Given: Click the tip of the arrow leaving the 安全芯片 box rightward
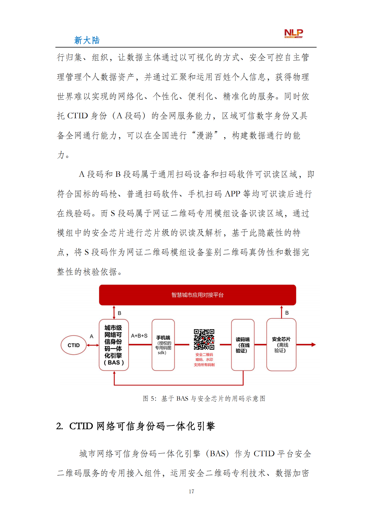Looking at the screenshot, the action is pyautogui.click(x=316, y=345).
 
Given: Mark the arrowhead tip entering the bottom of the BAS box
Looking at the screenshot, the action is pyautogui.click(x=114, y=371).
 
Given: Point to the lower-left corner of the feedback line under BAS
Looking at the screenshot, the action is pyautogui.click(x=114, y=385).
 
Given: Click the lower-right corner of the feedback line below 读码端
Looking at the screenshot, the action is pyautogui.click(x=243, y=385).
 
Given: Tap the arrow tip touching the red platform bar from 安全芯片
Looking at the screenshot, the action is pyautogui.click(x=281, y=306).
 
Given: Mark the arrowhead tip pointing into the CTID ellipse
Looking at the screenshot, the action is pyautogui.click(x=87, y=345).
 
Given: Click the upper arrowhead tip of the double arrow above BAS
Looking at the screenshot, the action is pyautogui.click(x=114, y=306).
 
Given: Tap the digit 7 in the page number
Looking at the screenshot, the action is pyautogui.click(x=193, y=491).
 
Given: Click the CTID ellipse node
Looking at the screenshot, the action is pyautogui.click(x=74, y=345).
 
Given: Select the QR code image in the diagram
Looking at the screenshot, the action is pyautogui.click(x=204, y=339).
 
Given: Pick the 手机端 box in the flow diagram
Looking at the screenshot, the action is pyautogui.click(x=163, y=345).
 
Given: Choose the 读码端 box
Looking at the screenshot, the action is pyautogui.click(x=243, y=345).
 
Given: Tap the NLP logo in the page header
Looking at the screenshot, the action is pyautogui.click(x=294, y=33).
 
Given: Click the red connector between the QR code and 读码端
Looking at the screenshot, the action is pyautogui.click(x=226, y=345).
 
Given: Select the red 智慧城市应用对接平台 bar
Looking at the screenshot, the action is pyautogui.click(x=198, y=295).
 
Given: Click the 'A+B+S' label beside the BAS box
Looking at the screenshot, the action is pyautogui.click(x=139, y=336).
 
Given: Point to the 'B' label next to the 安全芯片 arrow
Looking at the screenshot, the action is pyautogui.click(x=287, y=313).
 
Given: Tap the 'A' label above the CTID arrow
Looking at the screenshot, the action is pyautogui.click(x=91, y=336).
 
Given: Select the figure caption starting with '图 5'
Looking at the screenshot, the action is pyautogui.click(x=204, y=398).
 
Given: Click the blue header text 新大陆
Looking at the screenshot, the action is pyautogui.click(x=87, y=40).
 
